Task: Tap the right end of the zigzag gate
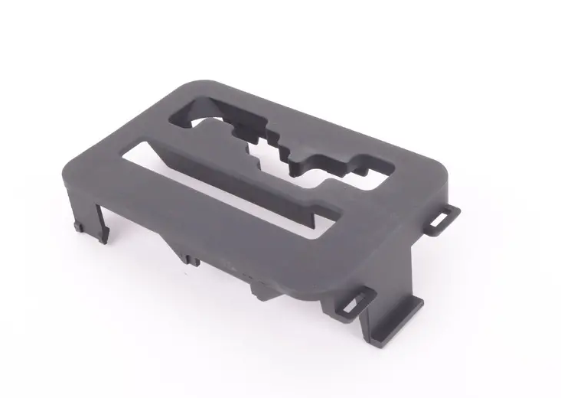pos(367,165)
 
